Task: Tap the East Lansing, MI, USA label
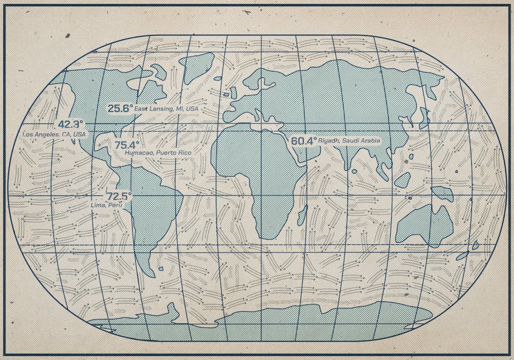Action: (166, 109)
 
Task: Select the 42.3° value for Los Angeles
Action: (70, 124)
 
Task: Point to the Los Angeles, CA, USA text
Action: (54, 134)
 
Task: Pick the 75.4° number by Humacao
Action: (127, 145)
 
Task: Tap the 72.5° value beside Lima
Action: (119, 196)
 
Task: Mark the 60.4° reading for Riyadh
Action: (304, 140)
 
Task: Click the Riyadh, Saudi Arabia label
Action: (349, 140)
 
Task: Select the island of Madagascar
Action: (302, 215)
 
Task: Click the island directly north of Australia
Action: (442, 193)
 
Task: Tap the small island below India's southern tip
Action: (354, 171)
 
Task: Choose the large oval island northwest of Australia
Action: (402, 179)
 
